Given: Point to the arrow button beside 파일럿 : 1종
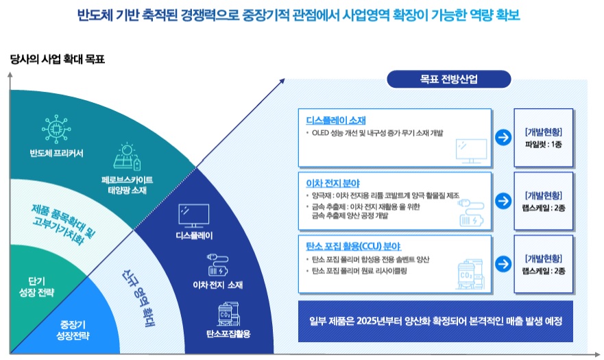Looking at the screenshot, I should (504, 137).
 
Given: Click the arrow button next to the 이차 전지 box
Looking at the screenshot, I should (504, 201).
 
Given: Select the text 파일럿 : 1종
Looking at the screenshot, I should (543, 145).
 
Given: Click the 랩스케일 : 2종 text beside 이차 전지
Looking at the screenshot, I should (543, 208).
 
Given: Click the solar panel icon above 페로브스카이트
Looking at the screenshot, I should (127, 157).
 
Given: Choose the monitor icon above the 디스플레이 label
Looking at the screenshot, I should (189, 213).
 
